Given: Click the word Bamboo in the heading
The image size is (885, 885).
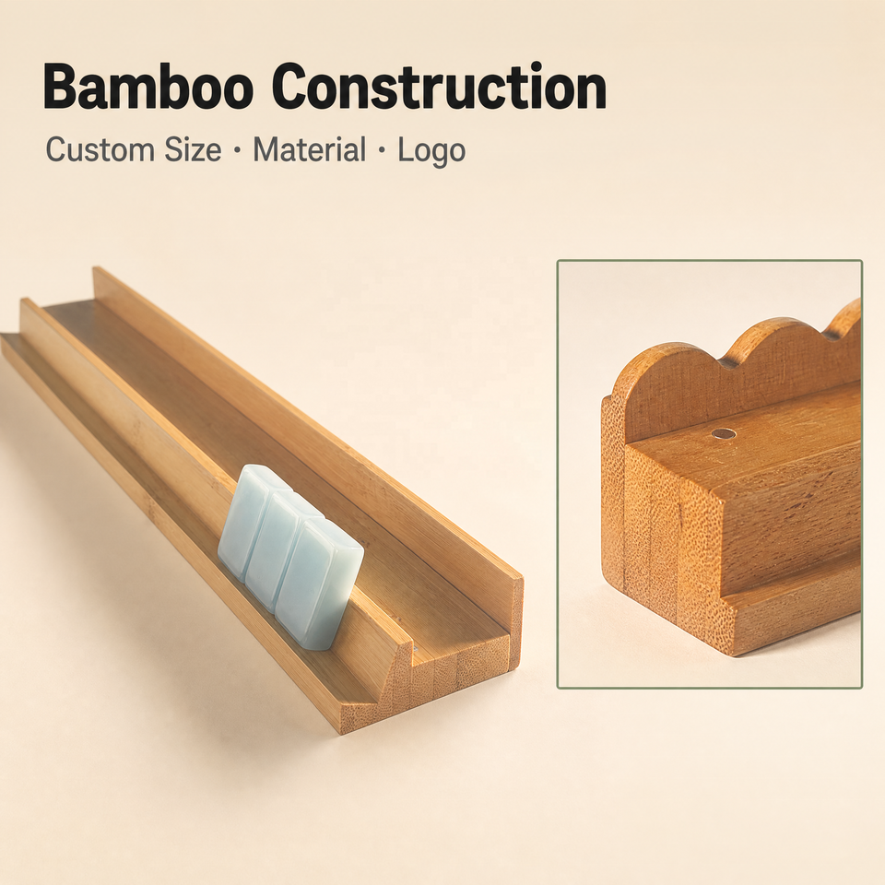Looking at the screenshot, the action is (x=147, y=88).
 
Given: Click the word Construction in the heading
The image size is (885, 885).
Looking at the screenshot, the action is (x=439, y=88).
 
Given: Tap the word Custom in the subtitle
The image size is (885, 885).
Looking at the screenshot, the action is (x=100, y=150).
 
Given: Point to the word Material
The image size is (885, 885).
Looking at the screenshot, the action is (x=310, y=150).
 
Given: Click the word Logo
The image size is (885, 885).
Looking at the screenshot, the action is (x=431, y=152).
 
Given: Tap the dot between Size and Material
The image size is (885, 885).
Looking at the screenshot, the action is (x=237, y=151).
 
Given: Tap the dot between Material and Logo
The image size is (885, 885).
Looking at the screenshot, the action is (x=382, y=151).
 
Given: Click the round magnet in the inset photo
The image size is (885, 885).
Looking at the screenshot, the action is (x=724, y=434).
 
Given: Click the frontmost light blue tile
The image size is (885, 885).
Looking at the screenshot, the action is (x=320, y=584).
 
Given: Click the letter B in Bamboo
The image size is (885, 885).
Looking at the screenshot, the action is (x=61, y=88).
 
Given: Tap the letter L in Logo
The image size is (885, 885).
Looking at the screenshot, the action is (x=407, y=150).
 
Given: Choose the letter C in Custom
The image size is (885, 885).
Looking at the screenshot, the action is (x=57, y=150).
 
